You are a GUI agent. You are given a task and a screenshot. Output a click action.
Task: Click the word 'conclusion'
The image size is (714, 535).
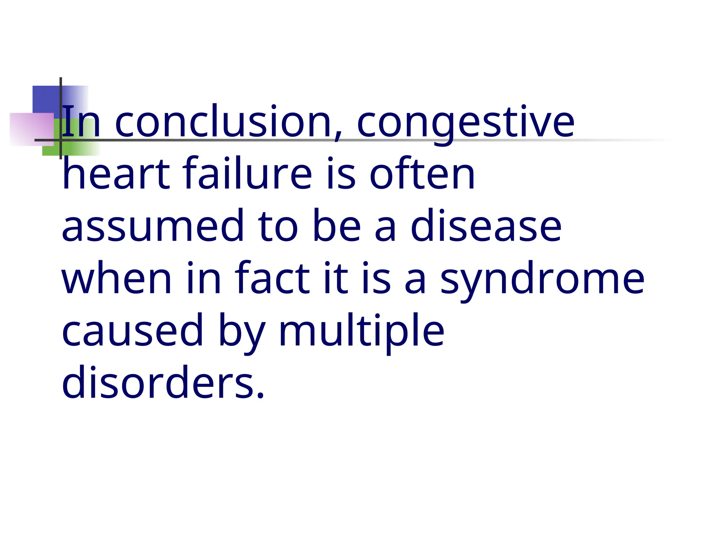pos(223,122)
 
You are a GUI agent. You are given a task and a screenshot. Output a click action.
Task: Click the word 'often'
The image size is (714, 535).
pos(422,173)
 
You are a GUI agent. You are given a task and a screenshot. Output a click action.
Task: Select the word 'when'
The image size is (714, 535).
pos(117,278)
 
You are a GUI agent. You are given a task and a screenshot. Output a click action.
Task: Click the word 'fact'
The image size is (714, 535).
pos(272,278)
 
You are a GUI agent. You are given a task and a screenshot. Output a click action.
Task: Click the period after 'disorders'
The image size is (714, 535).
pos(260,395)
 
